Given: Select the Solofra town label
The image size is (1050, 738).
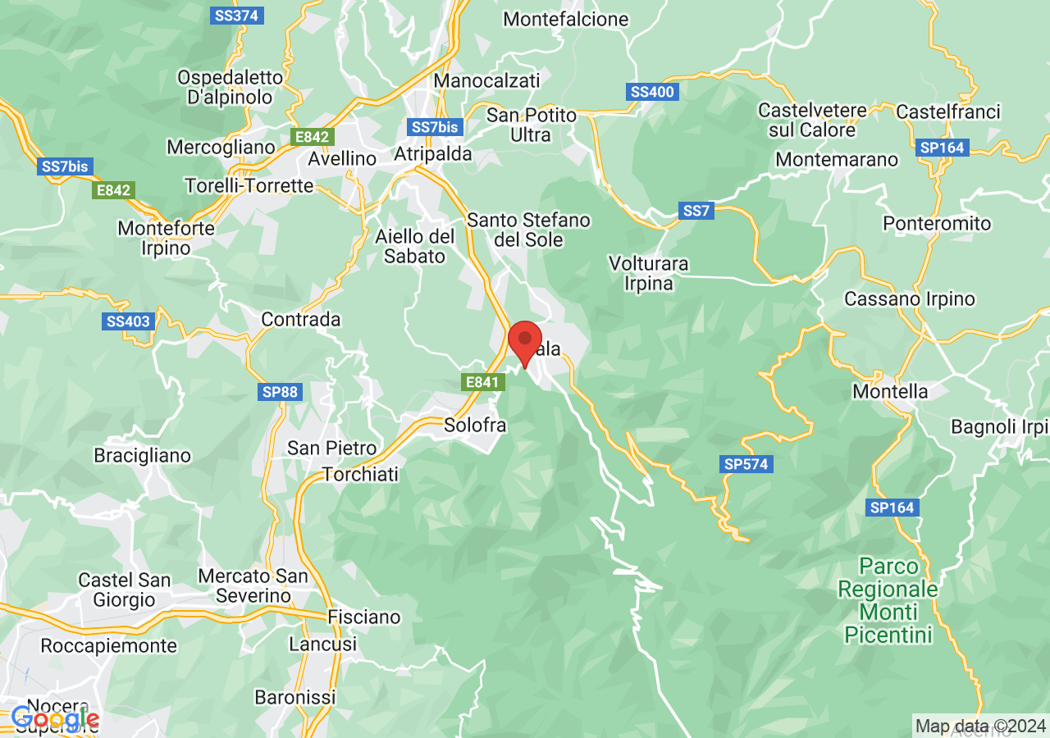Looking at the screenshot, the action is (x=475, y=426).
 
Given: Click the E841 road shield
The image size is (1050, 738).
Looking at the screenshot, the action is (x=481, y=382).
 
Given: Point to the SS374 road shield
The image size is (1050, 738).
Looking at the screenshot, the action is (x=235, y=16).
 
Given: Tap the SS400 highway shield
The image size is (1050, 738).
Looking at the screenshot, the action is (x=653, y=92).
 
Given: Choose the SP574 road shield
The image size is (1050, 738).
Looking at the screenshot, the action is (x=746, y=464).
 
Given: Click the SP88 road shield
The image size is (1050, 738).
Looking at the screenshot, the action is (x=280, y=392).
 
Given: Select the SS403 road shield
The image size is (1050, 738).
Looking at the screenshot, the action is (x=129, y=321).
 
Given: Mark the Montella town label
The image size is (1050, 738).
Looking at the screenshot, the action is (x=890, y=391).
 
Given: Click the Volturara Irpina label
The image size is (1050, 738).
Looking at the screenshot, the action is (x=649, y=274).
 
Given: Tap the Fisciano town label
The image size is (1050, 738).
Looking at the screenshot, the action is (x=364, y=617).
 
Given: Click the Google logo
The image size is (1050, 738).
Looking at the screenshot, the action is (x=55, y=720).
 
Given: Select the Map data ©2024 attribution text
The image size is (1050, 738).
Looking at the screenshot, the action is (x=980, y=726).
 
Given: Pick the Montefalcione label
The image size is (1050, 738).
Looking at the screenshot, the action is (x=566, y=19).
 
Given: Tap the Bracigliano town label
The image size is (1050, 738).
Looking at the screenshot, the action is (x=142, y=455).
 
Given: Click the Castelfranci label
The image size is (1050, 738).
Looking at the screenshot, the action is (x=948, y=111).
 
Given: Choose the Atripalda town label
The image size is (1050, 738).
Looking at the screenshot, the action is (x=433, y=153).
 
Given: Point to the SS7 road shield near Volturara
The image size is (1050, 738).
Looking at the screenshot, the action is (x=696, y=211).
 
